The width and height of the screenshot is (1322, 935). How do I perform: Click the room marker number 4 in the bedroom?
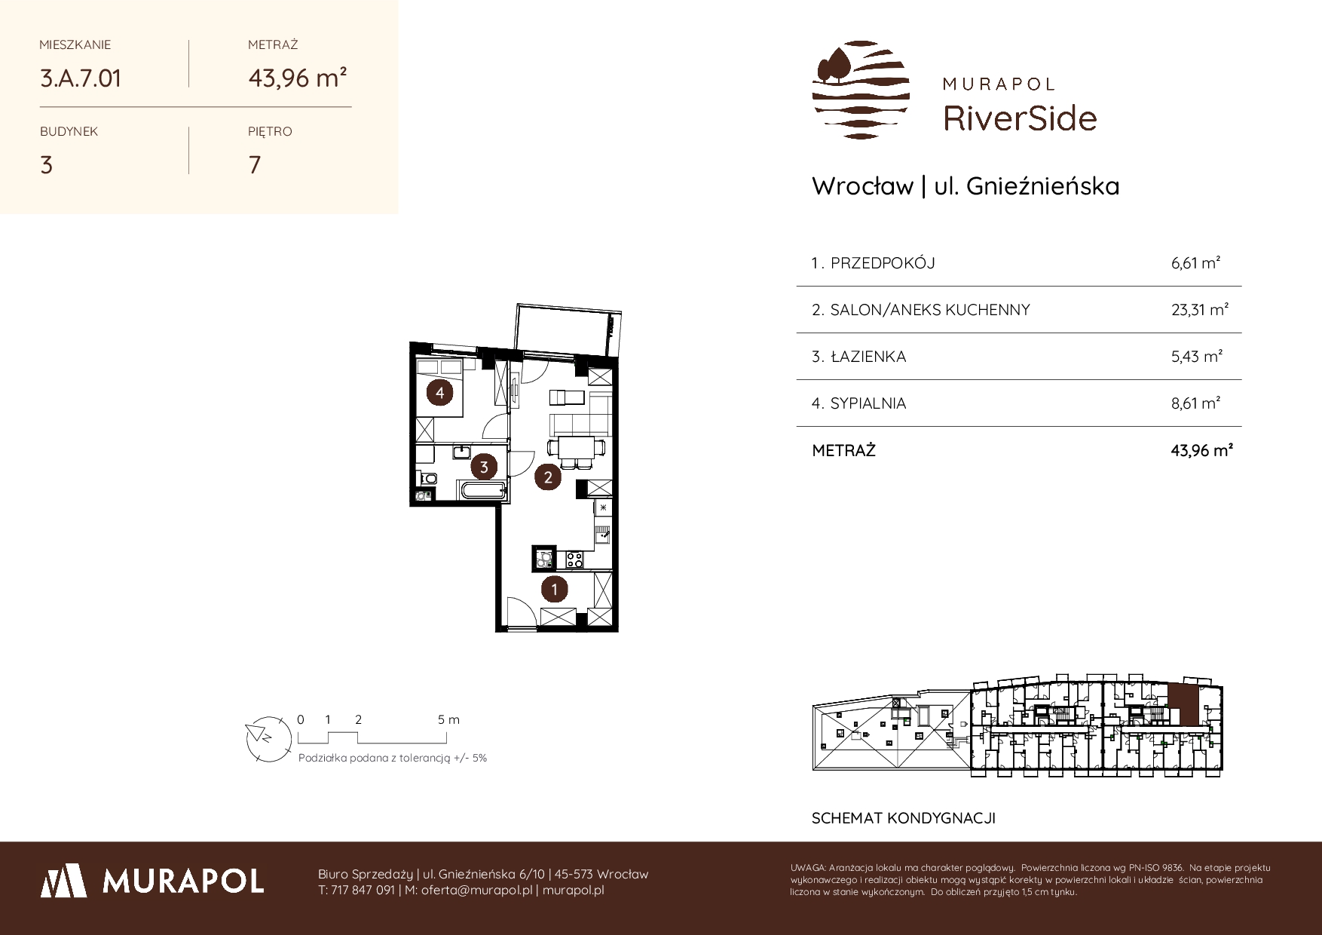tap(439, 392)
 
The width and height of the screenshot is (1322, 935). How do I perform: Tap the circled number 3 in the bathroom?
tap(484, 467)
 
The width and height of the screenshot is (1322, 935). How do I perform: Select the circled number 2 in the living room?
tap(548, 477)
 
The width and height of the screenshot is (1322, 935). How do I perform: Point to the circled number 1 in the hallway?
tap(555, 589)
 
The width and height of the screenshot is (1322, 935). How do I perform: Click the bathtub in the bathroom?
tap(482, 492)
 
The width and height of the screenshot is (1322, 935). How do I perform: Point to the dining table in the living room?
tap(577, 448)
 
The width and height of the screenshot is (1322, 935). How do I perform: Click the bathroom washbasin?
tap(462, 452)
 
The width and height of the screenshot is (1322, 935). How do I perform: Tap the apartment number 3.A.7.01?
tap(81, 78)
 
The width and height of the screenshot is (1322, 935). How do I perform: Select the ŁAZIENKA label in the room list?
tap(868, 357)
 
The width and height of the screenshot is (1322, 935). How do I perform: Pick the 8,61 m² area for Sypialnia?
tap(1196, 403)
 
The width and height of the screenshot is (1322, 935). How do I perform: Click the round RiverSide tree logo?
tap(861, 90)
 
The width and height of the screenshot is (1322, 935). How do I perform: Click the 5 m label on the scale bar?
tap(448, 719)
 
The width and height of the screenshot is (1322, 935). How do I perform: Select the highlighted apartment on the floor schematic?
tap(1182, 706)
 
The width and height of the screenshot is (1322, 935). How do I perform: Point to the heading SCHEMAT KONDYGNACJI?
tap(904, 818)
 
